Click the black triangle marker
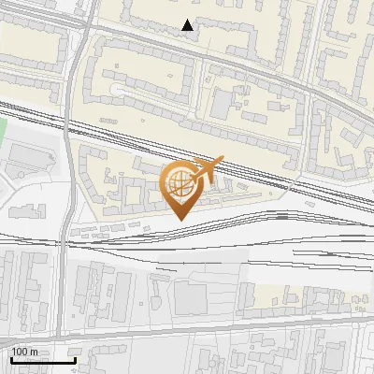coord(188,25)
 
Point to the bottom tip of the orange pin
coord(180,220)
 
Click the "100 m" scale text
coord(24,352)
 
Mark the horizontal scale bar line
coord(43,360)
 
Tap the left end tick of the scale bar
coord(11,359)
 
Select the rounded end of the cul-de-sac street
coord(118,90)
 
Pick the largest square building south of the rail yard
coord(191,298)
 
